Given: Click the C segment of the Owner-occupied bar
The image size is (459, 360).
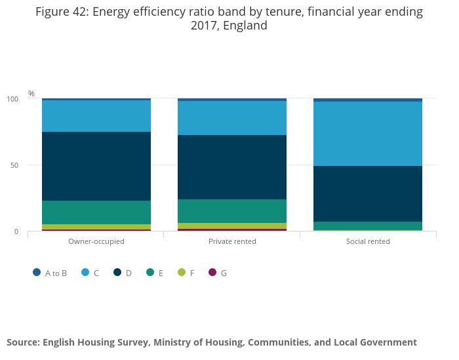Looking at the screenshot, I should [x=96, y=116].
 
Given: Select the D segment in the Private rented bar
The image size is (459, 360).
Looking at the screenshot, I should [x=232, y=167].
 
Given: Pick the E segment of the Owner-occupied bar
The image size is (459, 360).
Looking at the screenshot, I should [x=96, y=212].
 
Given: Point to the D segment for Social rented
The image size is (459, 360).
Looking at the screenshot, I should [x=368, y=193].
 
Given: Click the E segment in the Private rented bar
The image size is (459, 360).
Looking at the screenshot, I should [x=232, y=211].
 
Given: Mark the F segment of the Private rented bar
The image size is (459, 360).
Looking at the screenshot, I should [x=232, y=226].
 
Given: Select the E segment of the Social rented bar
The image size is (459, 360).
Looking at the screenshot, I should [x=368, y=226].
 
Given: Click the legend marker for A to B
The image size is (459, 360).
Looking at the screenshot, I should [x=37, y=272].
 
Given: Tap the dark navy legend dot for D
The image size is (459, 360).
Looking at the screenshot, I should [x=118, y=272].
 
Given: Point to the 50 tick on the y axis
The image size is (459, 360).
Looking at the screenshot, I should [x=14, y=165].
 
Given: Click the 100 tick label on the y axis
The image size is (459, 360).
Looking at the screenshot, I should [x=12, y=99].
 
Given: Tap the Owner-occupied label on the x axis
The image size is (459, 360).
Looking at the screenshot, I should [x=96, y=241].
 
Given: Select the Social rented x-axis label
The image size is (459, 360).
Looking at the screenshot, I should [x=368, y=241].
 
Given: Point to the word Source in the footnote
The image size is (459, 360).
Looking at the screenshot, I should [x=23, y=342].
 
